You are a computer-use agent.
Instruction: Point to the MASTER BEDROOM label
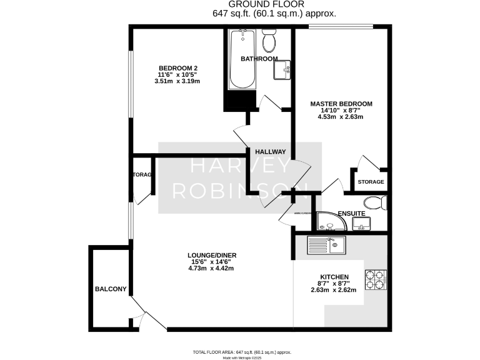tap(341, 104)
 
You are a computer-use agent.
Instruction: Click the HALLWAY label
tap(271, 152)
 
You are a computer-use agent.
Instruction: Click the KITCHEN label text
tap(334, 277)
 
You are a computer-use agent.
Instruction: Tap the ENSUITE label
tap(351, 214)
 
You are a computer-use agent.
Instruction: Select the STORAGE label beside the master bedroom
tap(371, 182)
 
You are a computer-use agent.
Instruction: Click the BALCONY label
tap(111, 289)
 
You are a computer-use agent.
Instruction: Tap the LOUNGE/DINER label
tap(211, 255)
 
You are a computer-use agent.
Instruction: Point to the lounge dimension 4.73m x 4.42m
tap(211, 269)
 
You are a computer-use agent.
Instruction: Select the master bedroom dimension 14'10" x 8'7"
tap(341, 111)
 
